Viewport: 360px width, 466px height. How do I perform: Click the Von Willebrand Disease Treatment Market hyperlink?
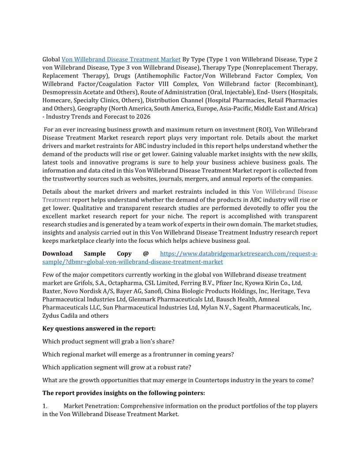tap(121, 59)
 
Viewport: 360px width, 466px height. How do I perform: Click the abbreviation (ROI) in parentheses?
tap(263, 130)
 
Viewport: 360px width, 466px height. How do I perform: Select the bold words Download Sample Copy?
tap(87, 254)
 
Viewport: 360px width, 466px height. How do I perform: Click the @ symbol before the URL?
tap(146, 254)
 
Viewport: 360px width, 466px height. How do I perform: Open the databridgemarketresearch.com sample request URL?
tap(238, 254)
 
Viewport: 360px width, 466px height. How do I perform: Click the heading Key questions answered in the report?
tap(99, 329)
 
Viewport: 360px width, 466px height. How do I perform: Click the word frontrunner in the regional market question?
tap(171, 354)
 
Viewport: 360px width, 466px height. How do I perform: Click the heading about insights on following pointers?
tap(124, 393)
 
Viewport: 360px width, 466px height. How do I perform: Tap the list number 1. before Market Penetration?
tap(45, 406)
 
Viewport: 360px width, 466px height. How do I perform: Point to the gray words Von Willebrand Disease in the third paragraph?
tap(285, 192)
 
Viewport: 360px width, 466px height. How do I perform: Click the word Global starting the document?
tap(51, 59)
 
